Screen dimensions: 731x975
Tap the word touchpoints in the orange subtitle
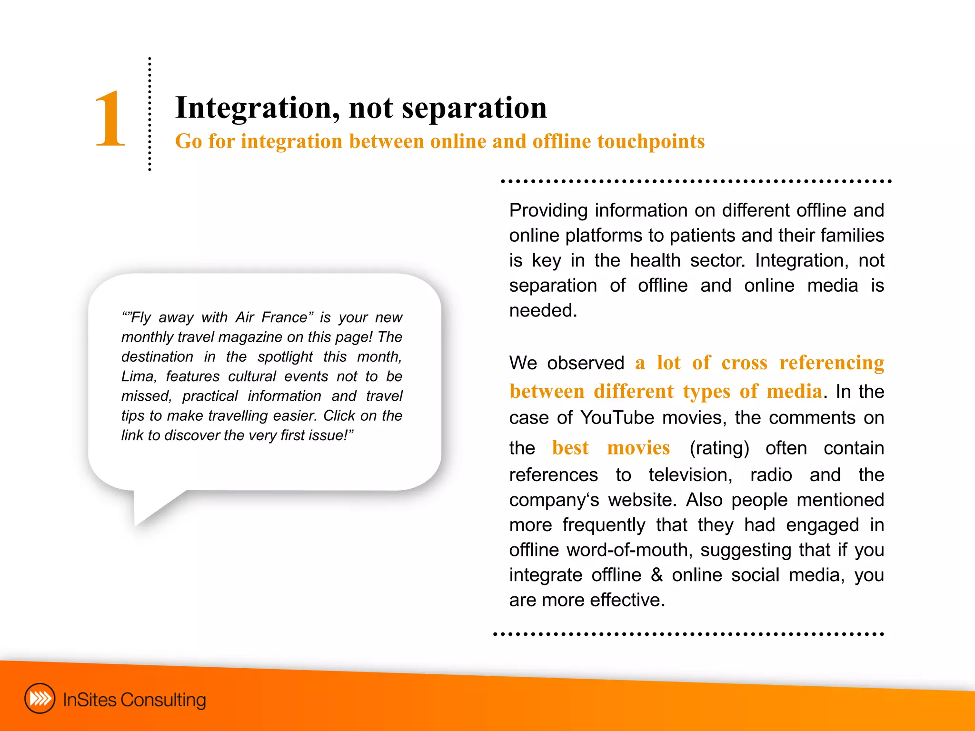click(x=650, y=141)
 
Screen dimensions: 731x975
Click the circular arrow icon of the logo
click(x=40, y=699)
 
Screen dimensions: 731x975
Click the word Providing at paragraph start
click(x=548, y=210)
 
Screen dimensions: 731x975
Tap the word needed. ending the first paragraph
click(x=543, y=311)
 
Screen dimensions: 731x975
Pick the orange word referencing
click(x=831, y=363)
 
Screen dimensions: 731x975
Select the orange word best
click(x=570, y=448)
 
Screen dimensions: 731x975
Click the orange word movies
click(x=638, y=448)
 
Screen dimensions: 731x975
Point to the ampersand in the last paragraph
click(x=657, y=575)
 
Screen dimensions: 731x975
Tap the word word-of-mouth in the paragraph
click(x=628, y=550)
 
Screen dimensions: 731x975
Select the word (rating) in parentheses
click(x=719, y=448)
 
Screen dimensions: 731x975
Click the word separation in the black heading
click(x=474, y=108)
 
